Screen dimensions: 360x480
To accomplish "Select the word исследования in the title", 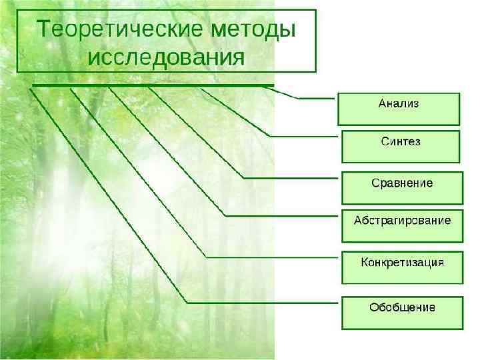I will click(x=166, y=55).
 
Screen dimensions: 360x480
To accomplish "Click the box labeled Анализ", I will click(x=399, y=109).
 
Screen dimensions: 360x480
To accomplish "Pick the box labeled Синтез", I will click(x=401, y=147).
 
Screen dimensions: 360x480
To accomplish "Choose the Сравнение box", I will click(x=402, y=188).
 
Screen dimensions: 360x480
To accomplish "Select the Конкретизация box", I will click(x=402, y=267).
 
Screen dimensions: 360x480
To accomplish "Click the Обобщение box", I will click(x=402, y=313).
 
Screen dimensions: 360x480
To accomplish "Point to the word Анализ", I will click(x=399, y=103).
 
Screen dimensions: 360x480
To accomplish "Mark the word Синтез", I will click(x=401, y=141).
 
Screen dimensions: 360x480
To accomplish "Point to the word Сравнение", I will click(x=402, y=182).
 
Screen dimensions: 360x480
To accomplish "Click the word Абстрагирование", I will click(x=402, y=220).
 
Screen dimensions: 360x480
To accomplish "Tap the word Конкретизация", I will click(x=402, y=261).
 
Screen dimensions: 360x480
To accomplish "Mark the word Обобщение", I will click(x=402, y=307).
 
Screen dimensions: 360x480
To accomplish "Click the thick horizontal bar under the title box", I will click(x=153, y=85).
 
